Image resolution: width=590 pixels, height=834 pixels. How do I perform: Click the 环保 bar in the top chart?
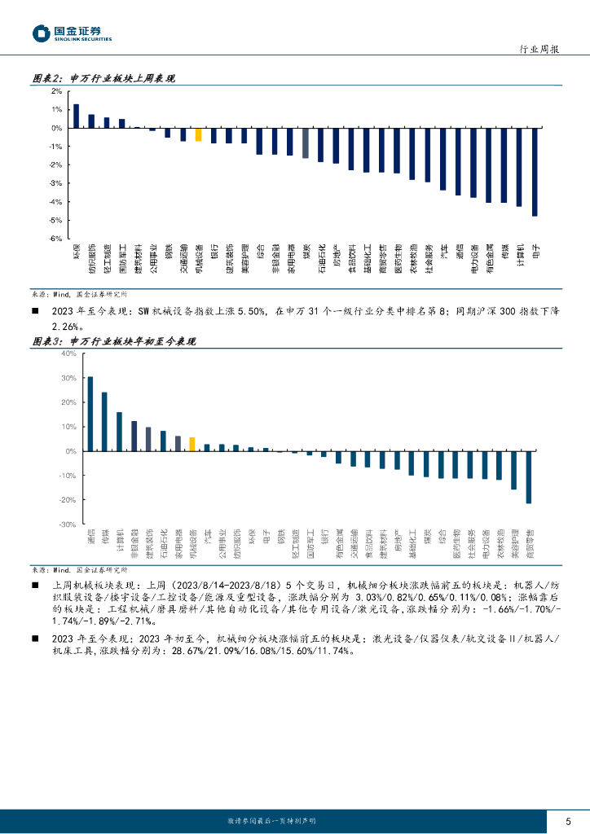tap(76, 116)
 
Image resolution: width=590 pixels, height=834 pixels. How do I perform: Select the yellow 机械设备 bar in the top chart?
tap(198, 134)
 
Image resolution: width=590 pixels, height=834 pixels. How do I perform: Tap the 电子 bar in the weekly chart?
tap(535, 172)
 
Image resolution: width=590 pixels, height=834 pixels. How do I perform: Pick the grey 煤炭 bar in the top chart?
tap(305, 143)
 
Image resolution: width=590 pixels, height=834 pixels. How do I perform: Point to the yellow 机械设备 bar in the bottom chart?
tap(192, 444)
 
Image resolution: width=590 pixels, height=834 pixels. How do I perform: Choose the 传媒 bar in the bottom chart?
tap(104, 422)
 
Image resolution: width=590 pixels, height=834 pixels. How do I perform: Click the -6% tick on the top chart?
tap(57, 239)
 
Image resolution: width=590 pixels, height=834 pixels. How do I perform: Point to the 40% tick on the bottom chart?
tap(68, 353)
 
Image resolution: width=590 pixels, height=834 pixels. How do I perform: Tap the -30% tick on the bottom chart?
tap(68, 525)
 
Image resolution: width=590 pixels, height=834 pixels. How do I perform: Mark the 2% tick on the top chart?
tap(58, 91)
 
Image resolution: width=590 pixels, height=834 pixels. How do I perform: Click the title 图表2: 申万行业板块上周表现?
tap(103, 78)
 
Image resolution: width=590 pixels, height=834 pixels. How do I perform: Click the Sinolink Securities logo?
tap(72, 33)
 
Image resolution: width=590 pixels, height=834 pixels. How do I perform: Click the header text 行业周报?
tap(539, 50)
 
